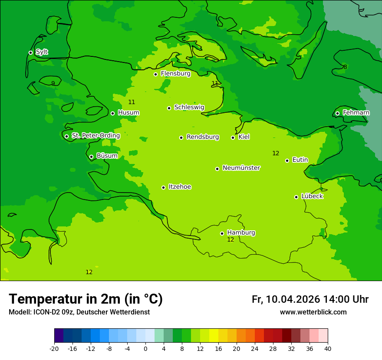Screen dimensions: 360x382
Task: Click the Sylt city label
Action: (x=42, y=52)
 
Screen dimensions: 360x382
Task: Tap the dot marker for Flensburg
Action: (x=155, y=74)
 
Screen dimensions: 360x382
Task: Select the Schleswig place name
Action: (x=189, y=107)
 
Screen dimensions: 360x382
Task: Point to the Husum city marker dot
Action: (x=112, y=113)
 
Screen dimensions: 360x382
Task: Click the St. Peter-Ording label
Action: (x=95, y=135)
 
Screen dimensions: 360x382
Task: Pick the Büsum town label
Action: (x=107, y=156)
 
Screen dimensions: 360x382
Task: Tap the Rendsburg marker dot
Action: (x=181, y=137)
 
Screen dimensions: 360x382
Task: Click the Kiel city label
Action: (x=244, y=137)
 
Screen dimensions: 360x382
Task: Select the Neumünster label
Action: (x=241, y=168)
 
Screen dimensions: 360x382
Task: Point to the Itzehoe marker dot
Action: (x=163, y=187)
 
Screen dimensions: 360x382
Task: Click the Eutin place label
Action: (x=300, y=160)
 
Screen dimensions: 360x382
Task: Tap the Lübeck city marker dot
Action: (x=296, y=197)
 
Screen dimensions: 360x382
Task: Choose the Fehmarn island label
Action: (x=356, y=113)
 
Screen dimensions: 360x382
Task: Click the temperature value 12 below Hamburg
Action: (x=231, y=239)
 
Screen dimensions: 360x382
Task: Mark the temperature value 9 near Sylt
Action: (x=53, y=83)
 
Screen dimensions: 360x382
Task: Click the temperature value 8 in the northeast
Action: (x=345, y=67)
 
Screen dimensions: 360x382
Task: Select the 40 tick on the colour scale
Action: (x=328, y=348)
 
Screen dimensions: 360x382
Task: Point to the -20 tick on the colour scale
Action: (x=54, y=348)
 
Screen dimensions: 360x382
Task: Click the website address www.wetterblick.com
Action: (x=313, y=312)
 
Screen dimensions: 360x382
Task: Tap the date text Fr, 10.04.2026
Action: (x=286, y=299)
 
